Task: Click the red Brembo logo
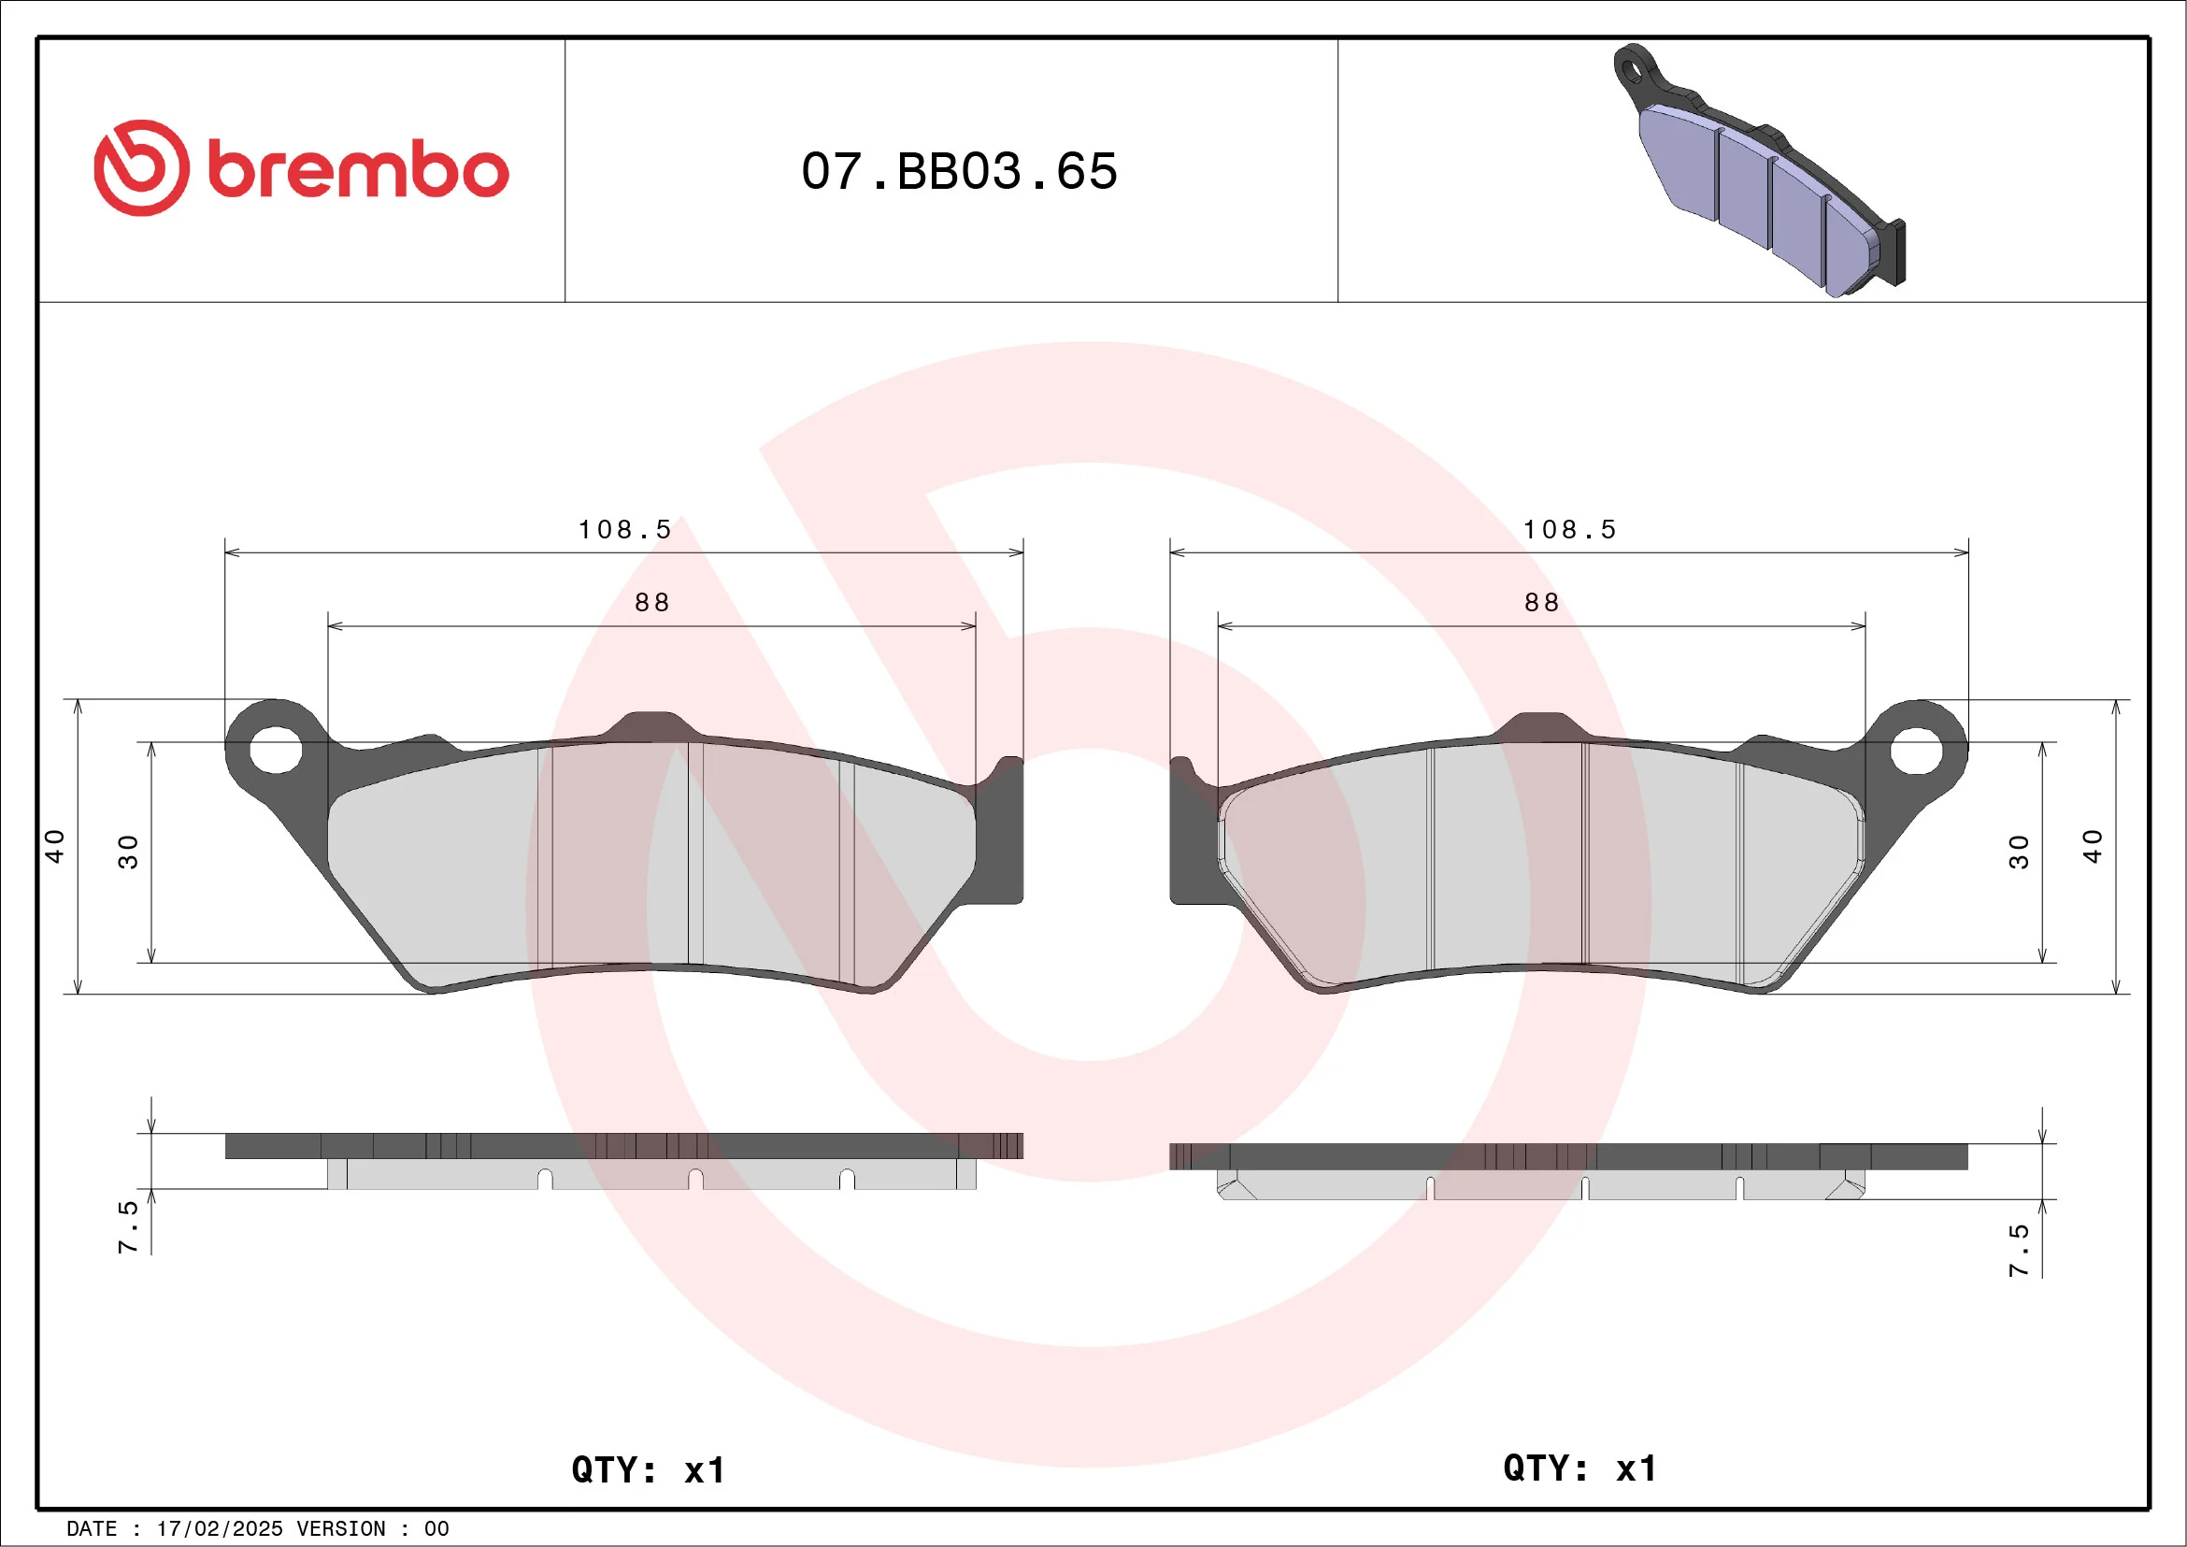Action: coord(301,167)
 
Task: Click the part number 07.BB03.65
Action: coord(959,171)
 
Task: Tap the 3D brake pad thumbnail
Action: coord(1758,170)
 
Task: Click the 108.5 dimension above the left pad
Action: coord(625,530)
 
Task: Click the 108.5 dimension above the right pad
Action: coord(1570,530)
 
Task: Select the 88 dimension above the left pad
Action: coord(652,602)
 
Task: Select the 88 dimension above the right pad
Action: coord(1542,602)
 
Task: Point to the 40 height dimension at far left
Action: coord(54,846)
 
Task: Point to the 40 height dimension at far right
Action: coord(2092,846)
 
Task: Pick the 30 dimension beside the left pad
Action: coord(128,852)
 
